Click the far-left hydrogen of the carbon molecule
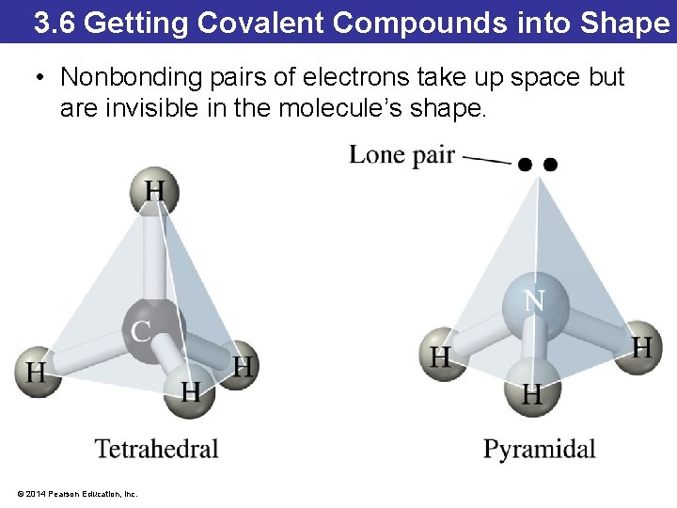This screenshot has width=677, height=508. [37, 371]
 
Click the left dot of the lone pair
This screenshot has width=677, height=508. [525, 165]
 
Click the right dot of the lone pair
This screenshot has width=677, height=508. [551, 165]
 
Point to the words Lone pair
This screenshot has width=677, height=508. [401, 154]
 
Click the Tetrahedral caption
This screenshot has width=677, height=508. [156, 449]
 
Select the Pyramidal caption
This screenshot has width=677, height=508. [539, 449]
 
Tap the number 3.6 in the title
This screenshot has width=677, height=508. [54, 23]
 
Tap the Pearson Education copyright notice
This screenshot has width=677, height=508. [77, 494]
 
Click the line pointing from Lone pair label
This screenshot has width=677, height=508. [487, 160]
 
